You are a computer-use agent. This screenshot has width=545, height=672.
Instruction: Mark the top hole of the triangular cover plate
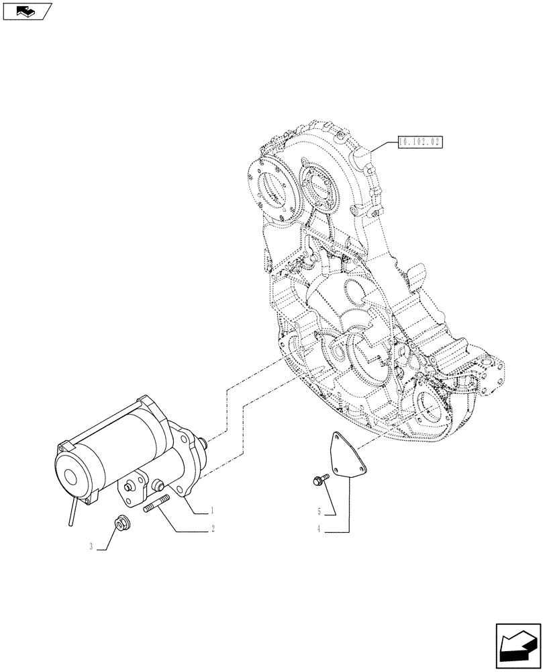[x=334, y=438]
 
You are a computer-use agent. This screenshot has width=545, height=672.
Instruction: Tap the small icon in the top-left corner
[x=27, y=11]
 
